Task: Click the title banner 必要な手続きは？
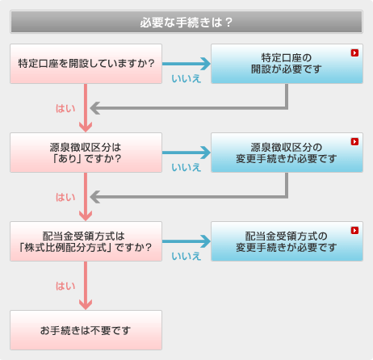tap(186, 22)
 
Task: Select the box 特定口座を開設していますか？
tap(86, 64)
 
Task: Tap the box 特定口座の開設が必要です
tap(287, 64)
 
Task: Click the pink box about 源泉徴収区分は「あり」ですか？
tap(86, 153)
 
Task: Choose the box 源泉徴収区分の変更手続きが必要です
tap(287, 153)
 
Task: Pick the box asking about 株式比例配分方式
tap(86, 241)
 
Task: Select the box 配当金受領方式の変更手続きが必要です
tap(287, 241)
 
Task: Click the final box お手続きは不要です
tap(86, 330)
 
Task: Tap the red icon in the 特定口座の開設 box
tap(354, 52)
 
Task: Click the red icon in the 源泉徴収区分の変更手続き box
tap(354, 141)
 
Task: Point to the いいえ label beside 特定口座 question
tap(186, 78)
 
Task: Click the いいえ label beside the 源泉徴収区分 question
tap(186, 167)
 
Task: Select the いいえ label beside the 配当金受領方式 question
tap(186, 256)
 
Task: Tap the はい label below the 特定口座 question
tap(65, 108)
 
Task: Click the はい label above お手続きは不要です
tap(65, 286)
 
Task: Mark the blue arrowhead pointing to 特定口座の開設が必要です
tap(206, 64)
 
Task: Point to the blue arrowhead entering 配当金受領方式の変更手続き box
tap(206, 241)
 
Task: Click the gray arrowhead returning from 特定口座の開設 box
tap(95, 108)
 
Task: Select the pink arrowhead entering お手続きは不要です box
tap(86, 304)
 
